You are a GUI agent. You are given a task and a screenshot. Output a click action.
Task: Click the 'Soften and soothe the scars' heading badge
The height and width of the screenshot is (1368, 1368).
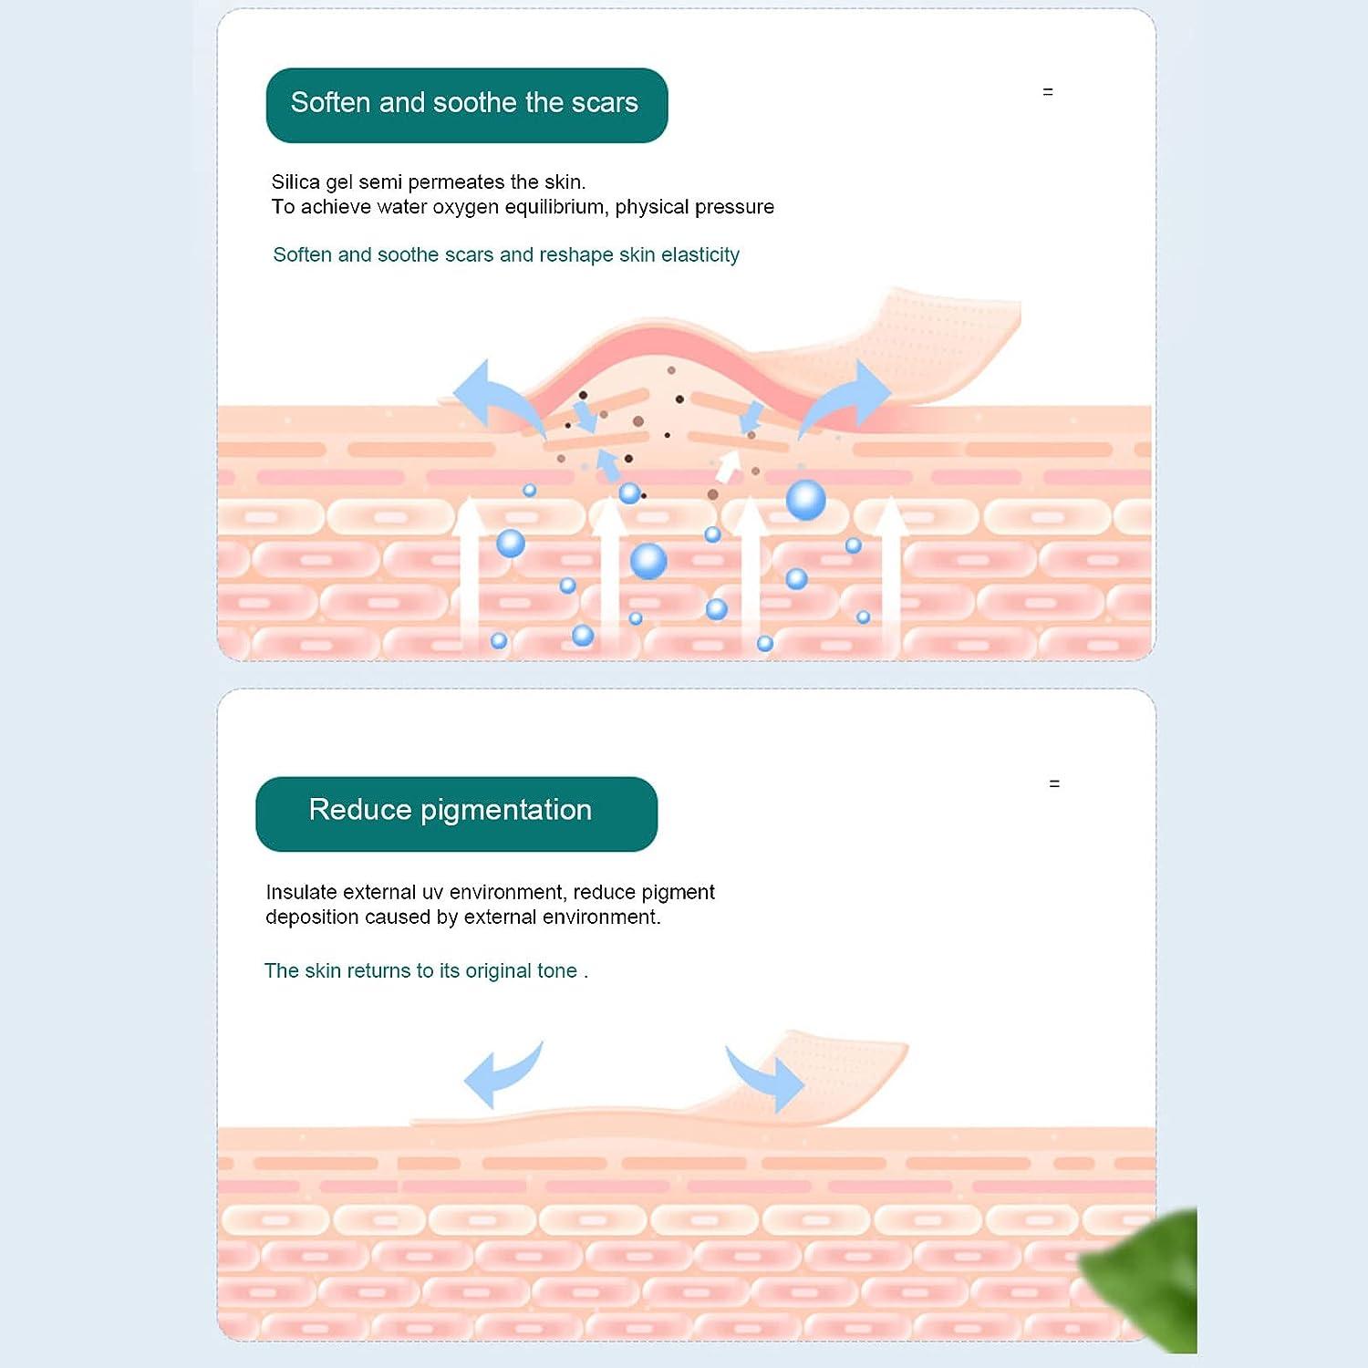click(x=466, y=105)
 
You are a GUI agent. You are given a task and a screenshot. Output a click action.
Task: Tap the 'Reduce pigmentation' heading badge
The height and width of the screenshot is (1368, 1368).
click(x=456, y=814)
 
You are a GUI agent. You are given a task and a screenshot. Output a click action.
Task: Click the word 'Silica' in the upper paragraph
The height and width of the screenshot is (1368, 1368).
click(x=295, y=182)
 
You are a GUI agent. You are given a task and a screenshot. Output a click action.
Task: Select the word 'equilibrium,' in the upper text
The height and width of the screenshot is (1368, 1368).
click(x=556, y=208)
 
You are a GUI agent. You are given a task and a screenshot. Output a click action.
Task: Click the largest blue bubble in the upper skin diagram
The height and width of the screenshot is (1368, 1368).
click(x=805, y=501)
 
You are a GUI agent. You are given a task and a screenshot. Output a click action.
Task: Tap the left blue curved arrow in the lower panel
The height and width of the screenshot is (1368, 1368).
click(x=501, y=1074)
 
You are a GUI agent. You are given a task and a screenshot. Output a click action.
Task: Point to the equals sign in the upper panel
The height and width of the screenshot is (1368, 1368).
click(x=1048, y=92)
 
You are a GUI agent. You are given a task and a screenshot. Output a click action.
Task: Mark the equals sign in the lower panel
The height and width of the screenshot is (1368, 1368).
click(x=1054, y=784)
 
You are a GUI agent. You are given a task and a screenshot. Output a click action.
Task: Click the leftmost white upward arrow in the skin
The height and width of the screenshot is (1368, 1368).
click(x=469, y=570)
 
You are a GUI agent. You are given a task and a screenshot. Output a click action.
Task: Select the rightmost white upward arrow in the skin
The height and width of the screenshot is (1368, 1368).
click(x=891, y=570)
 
